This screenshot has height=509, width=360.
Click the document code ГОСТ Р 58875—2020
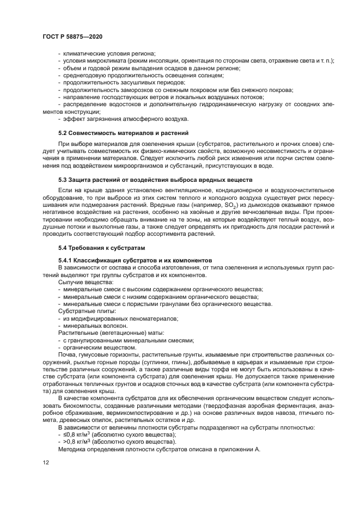point(72,35)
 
